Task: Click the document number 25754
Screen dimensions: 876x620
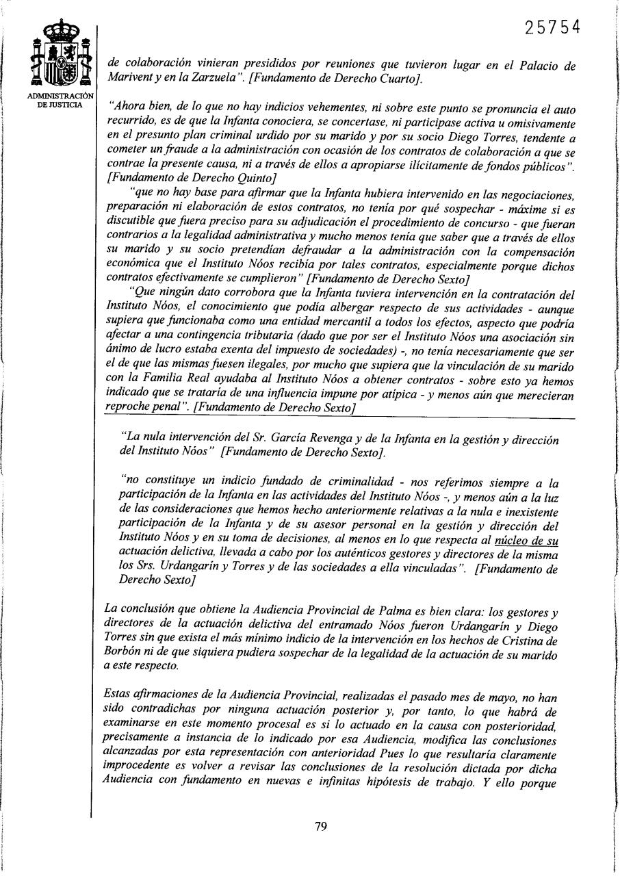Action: [552, 27]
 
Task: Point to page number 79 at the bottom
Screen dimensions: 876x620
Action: [320, 826]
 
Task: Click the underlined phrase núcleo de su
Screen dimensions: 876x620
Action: [526, 541]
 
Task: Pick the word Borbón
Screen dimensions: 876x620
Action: [127, 655]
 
